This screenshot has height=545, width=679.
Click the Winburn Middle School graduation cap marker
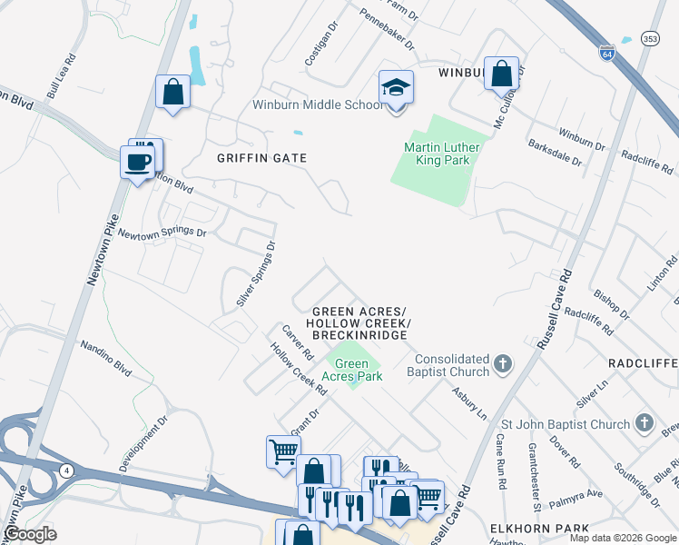[396, 88]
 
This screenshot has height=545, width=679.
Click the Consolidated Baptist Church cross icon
[504, 365]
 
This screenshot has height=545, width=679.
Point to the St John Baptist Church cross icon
[643, 423]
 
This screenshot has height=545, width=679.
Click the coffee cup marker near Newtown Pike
[138, 163]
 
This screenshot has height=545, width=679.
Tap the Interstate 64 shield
[607, 54]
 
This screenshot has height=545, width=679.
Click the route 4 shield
[67, 469]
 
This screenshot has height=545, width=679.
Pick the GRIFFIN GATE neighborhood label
[261, 158]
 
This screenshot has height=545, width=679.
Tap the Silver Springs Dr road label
[255, 273]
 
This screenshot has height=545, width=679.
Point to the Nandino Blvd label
[106, 353]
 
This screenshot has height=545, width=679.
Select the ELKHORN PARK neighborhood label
[539, 529]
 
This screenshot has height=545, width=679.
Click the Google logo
[30, 534]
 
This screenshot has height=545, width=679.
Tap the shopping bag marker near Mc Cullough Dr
[501, 74]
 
